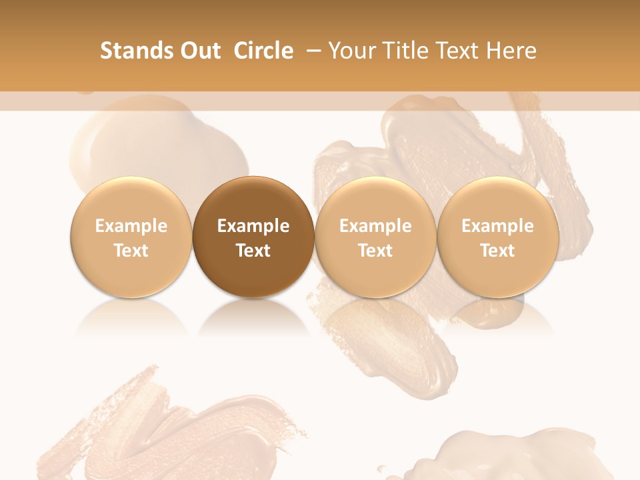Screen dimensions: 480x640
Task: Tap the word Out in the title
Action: point(199,51)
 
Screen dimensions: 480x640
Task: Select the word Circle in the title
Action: point(263,51)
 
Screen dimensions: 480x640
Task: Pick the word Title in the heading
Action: point(401,51)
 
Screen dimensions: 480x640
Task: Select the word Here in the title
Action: point(511,51)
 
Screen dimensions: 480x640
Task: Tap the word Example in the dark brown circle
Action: point(253,226)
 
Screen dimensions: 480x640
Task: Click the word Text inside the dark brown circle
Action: point(253,251)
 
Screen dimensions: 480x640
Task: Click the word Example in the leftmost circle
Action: point(131,226)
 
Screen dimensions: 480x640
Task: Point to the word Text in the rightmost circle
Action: point(497,251)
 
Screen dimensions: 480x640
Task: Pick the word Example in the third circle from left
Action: point(375,226)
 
